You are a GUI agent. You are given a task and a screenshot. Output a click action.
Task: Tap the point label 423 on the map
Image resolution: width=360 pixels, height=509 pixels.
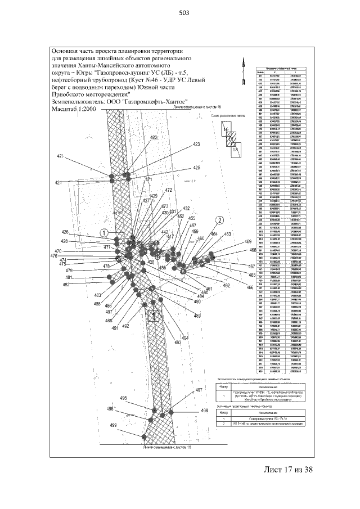pos(196,145)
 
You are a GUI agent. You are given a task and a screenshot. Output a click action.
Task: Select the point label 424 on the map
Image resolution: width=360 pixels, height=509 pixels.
pos(58,183)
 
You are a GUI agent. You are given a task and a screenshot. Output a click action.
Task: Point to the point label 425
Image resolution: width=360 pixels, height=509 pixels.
pos(196,168)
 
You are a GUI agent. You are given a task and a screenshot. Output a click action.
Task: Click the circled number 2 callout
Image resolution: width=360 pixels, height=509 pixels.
pos(220,219)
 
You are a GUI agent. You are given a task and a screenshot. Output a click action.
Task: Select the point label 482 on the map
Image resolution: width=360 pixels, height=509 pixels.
pos(66,285)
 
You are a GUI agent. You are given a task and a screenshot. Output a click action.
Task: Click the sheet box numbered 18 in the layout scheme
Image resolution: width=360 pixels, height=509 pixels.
pos(236,150)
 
